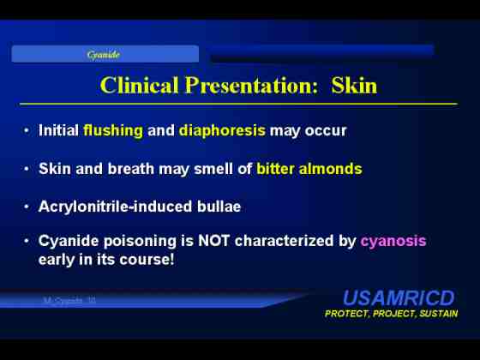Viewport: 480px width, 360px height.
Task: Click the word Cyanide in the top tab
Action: coord(103,55)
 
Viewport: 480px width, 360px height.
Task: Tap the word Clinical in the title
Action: coord(139,85)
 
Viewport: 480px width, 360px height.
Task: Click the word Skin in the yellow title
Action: coord(354,85)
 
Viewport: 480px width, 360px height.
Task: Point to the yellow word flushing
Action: coord(113,131)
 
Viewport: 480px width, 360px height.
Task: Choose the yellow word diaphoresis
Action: coord(222,131)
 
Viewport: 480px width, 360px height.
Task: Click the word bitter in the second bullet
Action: coord(275,169)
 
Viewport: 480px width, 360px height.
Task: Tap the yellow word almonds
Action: coord(331,169)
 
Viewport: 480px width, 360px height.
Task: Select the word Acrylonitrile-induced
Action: coord(115,207)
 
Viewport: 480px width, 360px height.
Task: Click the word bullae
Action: coord(219,207)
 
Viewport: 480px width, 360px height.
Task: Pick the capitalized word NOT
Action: coord(213,241)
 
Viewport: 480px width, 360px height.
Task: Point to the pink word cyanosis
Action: coord(393,242)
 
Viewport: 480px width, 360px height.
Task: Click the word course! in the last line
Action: coord(147,261)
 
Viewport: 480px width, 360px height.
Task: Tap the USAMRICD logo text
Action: coord(399,298)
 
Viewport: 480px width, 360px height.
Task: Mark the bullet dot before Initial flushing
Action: coord(27,130)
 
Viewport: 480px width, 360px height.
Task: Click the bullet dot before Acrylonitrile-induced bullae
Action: coord(27,207)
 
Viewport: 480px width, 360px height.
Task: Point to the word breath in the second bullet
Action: coord(130,169)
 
